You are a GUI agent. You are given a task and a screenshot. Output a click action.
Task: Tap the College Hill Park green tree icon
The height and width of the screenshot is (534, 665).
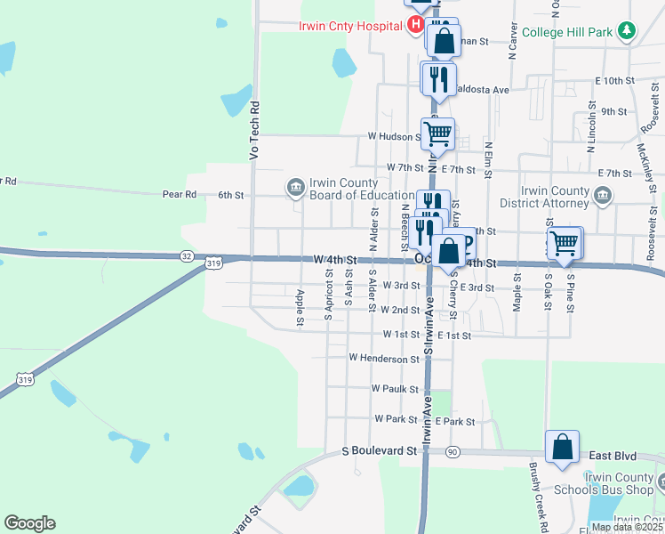pos(628,32)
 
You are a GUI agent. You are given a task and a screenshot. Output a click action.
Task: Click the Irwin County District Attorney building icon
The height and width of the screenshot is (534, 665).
pos(603,196)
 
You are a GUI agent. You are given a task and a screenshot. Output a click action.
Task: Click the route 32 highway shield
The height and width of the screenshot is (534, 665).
pos(186,255)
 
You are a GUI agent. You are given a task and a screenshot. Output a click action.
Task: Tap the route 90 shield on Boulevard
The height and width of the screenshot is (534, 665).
pos(452,452)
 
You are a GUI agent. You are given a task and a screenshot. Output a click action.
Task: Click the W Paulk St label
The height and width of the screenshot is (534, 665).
pos(395,389)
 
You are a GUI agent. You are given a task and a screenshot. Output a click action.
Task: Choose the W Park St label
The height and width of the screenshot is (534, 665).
pos(396,418)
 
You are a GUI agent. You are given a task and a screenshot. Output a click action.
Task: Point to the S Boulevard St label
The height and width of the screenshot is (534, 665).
pos(380,451)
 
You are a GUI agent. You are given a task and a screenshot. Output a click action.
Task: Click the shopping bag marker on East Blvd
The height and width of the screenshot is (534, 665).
pos(563,449)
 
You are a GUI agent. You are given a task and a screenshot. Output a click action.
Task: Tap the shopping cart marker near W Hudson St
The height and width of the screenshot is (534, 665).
pos(437,134)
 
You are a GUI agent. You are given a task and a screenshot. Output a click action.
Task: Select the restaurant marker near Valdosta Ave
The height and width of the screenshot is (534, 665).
pos(438,78)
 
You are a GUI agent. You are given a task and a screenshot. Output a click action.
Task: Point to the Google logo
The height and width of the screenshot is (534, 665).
pos(29,523)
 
